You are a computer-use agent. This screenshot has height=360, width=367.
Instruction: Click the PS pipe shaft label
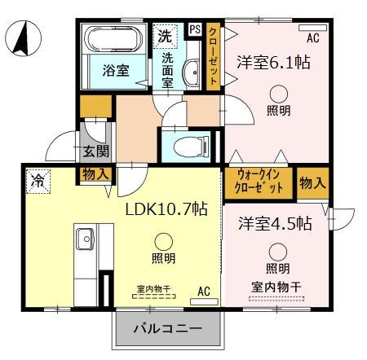194,30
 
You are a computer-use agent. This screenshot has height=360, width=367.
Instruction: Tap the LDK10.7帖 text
165,209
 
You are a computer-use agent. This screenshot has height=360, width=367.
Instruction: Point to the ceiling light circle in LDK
163,240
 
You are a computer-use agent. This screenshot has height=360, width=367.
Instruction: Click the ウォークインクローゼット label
260,180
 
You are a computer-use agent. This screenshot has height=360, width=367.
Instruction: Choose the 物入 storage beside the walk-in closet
312,182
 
